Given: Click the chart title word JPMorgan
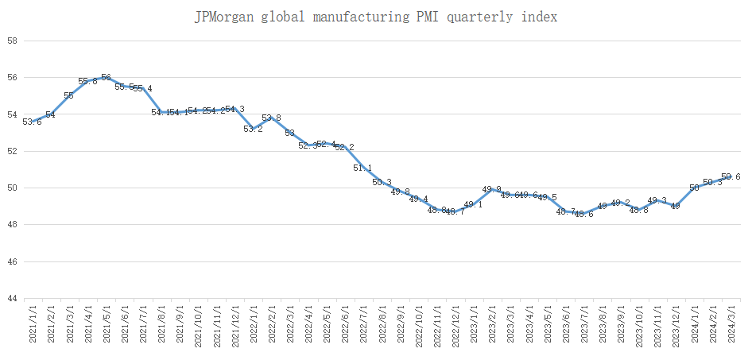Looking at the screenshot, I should (225, 17).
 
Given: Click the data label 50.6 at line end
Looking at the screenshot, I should (731, 176).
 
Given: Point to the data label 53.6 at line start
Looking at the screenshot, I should (32, 122).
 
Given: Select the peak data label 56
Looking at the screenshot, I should (106, 77).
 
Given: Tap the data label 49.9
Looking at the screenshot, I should (491, 189).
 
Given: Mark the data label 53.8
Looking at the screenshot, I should (271, 118).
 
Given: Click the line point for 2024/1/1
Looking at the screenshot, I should (695, 188).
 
